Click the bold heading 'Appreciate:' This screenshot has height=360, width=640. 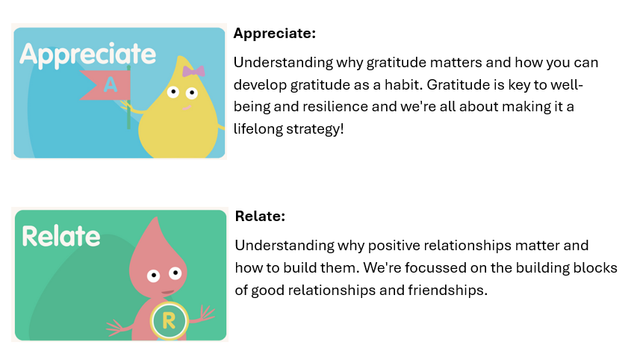click(x=275, y=34)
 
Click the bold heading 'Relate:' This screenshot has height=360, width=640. click(x=260, y=217)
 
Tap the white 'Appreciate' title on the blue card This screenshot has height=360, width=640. click(x=88, y=55)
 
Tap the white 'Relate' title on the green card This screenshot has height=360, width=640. click(x=61, y=236)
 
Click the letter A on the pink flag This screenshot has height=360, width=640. click(x=111, y=84)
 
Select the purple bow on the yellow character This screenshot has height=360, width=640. click(x=193, y=71)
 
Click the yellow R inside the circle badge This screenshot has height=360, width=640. click(x=169, y=321)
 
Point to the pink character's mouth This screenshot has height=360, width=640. click(x=167, y=292)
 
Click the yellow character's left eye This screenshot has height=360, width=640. click(x=173, y=92)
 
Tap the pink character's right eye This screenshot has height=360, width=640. click(x=175, y=273)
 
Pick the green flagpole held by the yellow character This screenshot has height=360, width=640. click(x=128, y=97)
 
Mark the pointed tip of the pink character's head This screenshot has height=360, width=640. click(x=155, y=218)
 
